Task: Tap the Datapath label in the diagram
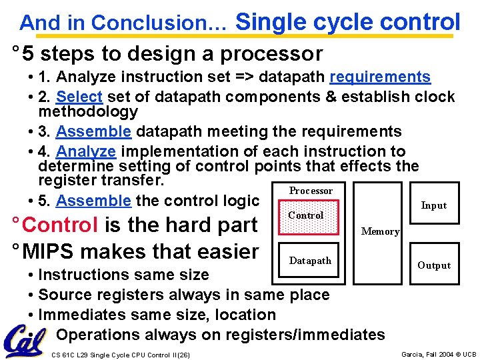pyautogui.click(x=309, y=261)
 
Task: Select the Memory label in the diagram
pyautogui.click(x=380, y=231)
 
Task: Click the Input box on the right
pyautogui.click(x=433, y=205)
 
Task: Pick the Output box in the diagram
pyautogui.click(x=433, y=265)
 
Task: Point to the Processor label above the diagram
pyautogui.click(x=310, y=191)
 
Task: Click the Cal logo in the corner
pyautogui.click(x=24, y=341)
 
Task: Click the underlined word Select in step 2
pyautogui.click(x=79, y=97)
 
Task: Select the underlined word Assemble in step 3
pyautogui.click(x=93, y=131)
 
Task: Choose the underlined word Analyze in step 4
pyautogui.click(x=86, y=151)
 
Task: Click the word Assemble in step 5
pyautogui.click(x=93, y=201)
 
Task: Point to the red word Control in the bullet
pyautogui.click(x=60, y=225)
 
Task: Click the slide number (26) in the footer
pyautogui.click(x=183, y=355)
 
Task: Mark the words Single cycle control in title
pyautogui.click(x=347, y=21)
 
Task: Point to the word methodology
pyautogui.click(x=88, y=111)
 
